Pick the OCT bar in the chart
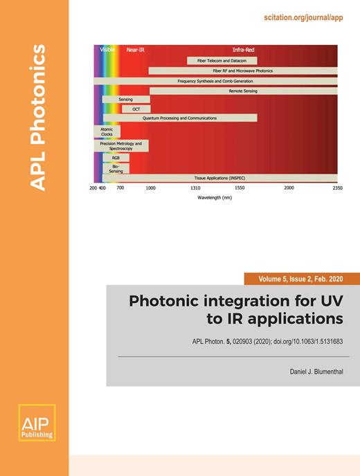point(136,109)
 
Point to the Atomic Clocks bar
point(107,131)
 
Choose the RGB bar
point(116,157)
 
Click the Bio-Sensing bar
point(115,168)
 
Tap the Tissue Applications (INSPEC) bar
point(215,178)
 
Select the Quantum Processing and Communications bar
point(179,118)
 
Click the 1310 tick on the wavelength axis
point(195,188)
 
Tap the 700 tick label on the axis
point(120,188)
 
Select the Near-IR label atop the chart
point(135,51)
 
